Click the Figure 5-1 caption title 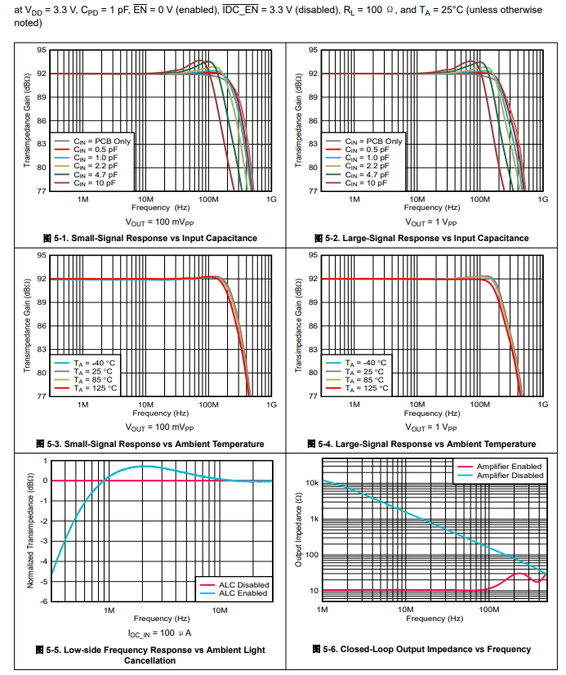click(x=149, y=238)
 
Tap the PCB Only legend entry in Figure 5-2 click(x=372, y=141)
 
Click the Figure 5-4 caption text click(x=421, y=444)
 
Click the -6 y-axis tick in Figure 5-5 click(x=44, y=601)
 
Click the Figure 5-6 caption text click(x=421, y=650)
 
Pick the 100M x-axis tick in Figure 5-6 click(x=488, y=609)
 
